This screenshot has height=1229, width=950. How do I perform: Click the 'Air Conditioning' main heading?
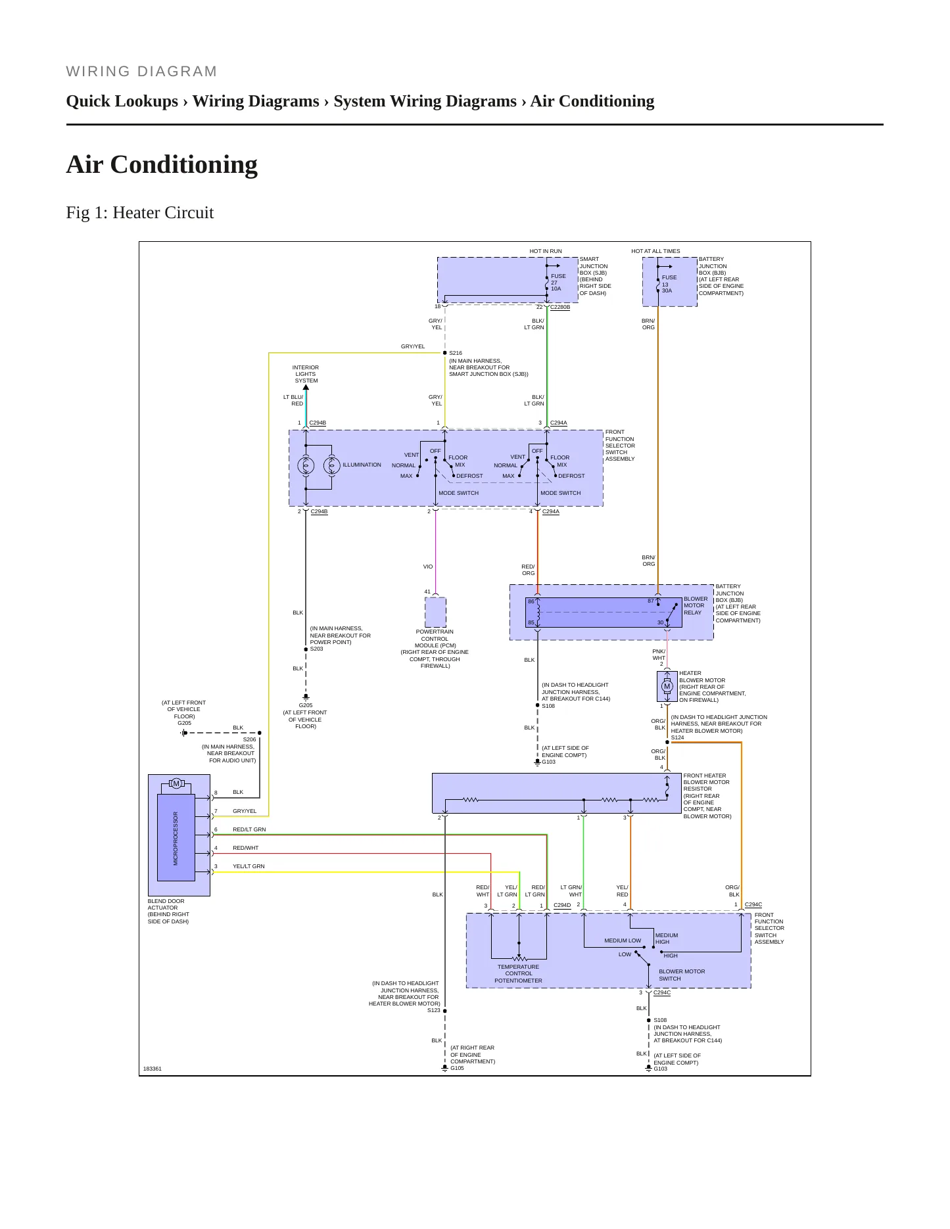(x=162, y=164)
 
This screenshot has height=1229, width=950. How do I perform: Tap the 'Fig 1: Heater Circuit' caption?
(x=140, y=212)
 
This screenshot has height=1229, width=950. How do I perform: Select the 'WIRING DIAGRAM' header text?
(x=142, y=72)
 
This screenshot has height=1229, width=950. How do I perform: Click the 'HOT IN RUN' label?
(x=546, y=251)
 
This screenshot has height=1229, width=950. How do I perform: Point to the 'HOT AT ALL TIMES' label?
(x=655, y=251)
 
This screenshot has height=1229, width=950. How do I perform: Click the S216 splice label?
(x=456, y=353)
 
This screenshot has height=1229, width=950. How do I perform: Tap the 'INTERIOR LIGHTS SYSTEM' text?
(x=306, y=374)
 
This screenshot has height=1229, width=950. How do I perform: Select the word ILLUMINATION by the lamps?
(x=362, y=465)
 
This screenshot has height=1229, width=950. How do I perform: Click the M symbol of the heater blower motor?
(x=667, y=686)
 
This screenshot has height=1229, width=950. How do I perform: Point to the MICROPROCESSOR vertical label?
(x=176, y=838)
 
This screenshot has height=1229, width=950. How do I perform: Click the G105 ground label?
(x=457, y=1068)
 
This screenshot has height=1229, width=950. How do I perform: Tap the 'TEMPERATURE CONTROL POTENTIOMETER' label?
(x=519, y=973)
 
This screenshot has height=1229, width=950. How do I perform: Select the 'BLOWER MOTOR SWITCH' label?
(x=682, y=975)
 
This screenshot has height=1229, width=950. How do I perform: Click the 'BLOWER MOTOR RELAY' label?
(x=696, y=605)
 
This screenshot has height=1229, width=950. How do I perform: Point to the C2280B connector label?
(x=560, y=307)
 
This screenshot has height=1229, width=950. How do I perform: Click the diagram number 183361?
(x=153, y=1069)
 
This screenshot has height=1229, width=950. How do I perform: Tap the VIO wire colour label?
(x=428, y=567)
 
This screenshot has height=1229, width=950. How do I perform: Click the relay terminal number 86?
(x=531, y=601)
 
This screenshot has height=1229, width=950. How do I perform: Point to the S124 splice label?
(x=678, y=737)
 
